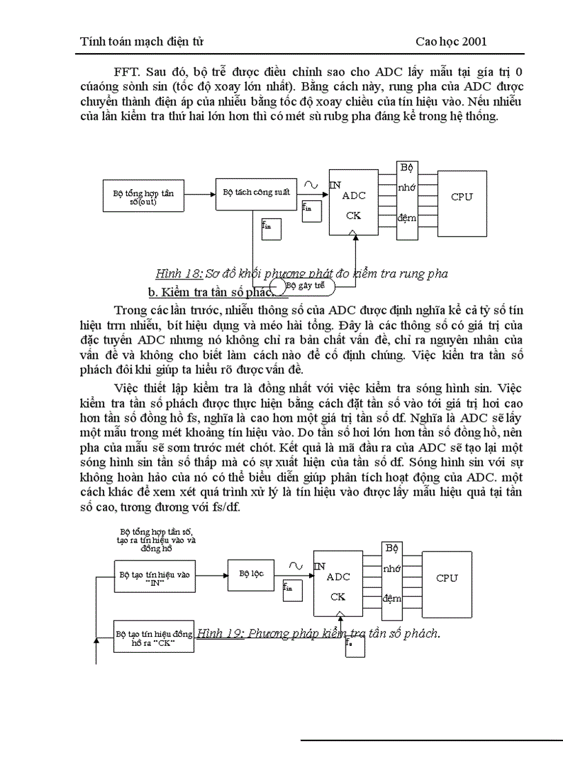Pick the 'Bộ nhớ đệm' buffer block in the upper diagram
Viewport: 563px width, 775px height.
click(407, 193)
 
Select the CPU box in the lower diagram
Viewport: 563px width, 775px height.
click(447, 578)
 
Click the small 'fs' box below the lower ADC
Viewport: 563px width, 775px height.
click(355, 646)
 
